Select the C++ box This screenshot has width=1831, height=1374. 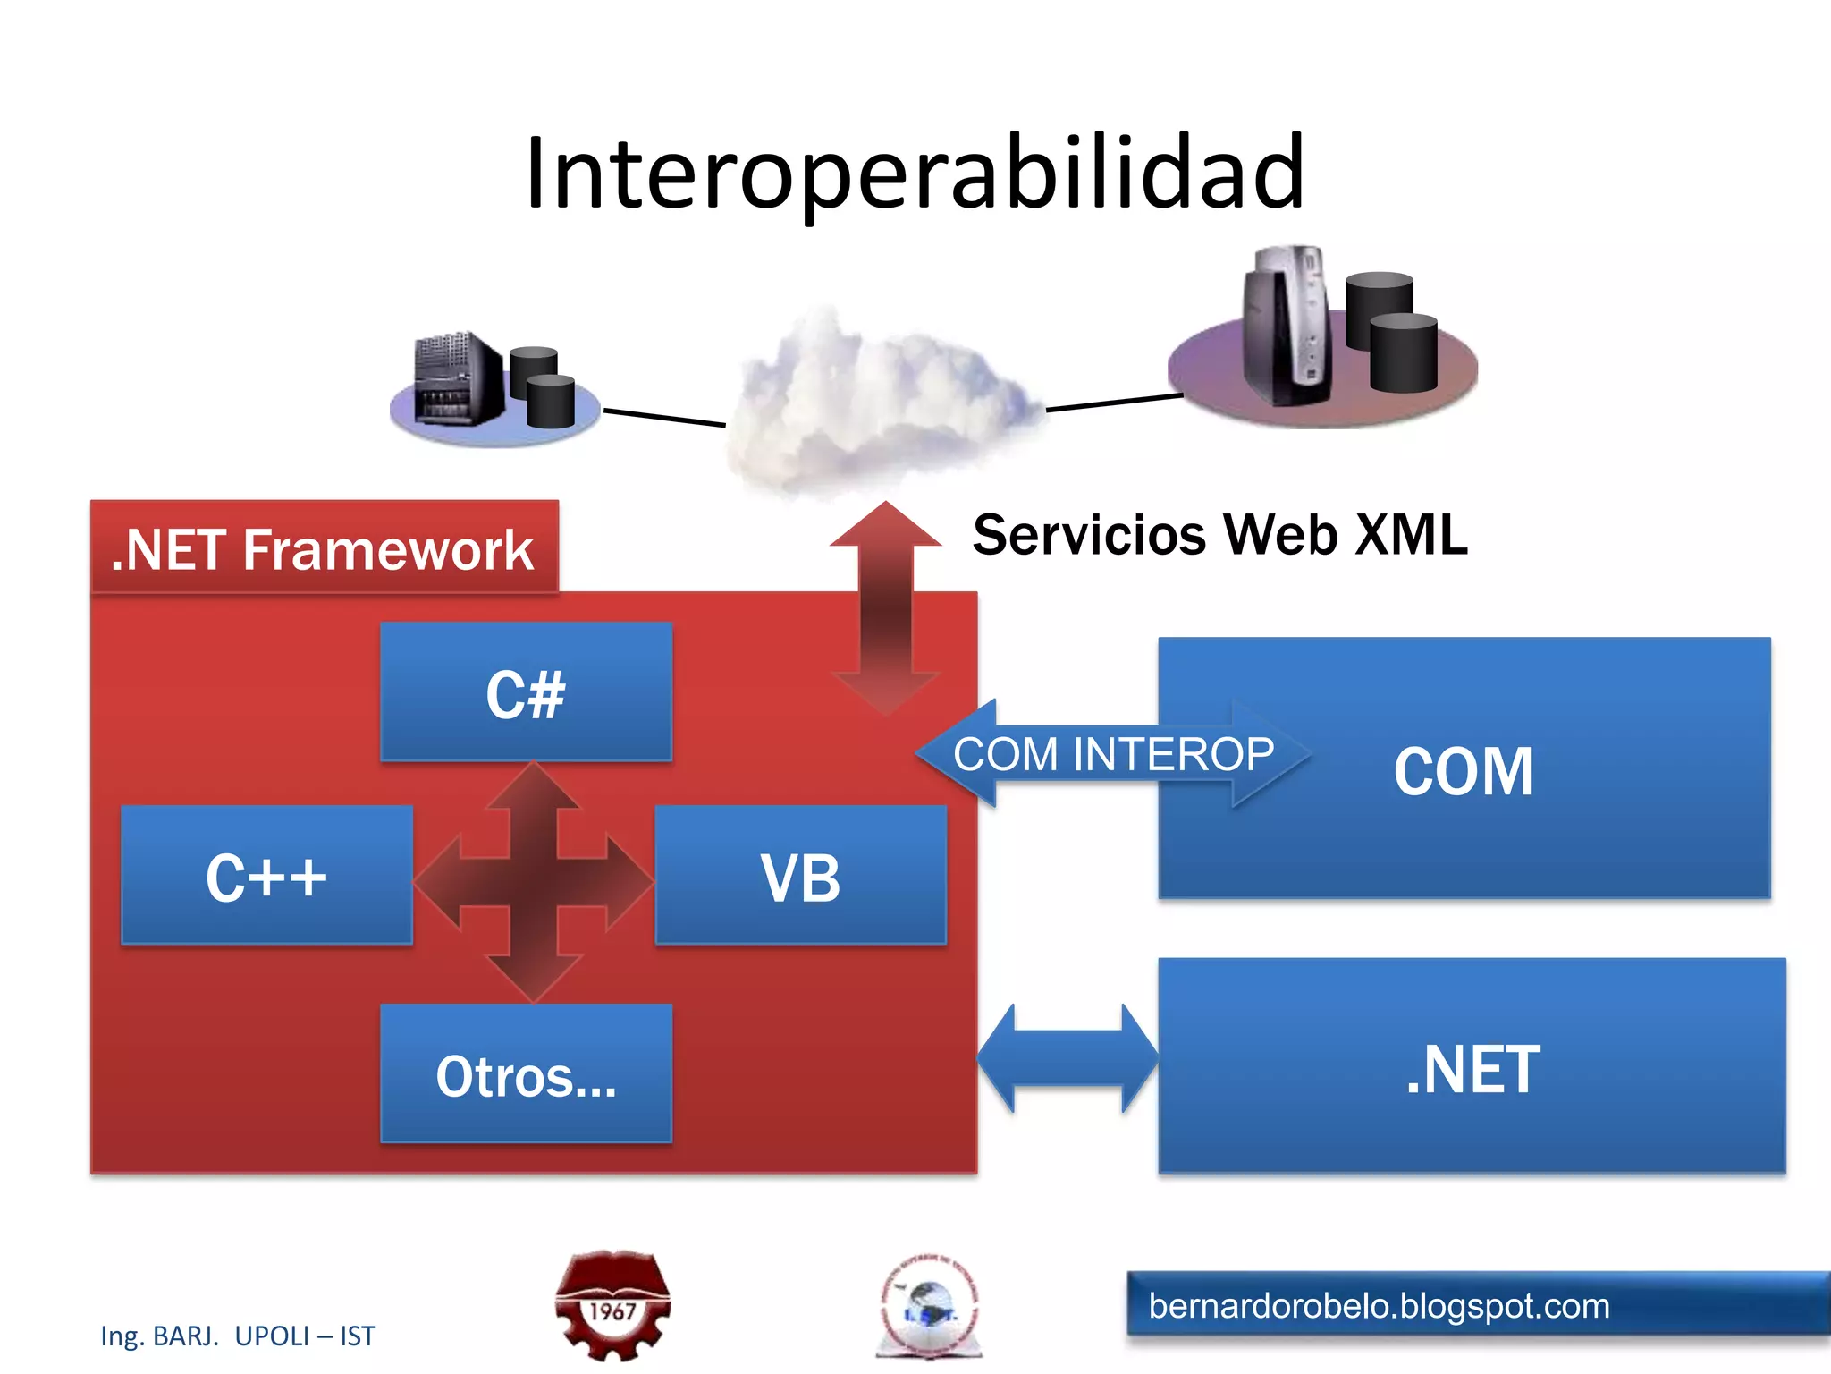[266, 876]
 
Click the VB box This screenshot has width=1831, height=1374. [800, 876]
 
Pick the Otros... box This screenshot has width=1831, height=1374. [526, 1074]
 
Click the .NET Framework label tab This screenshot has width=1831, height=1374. [324, 547]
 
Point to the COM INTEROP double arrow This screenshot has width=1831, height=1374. [1112, 754]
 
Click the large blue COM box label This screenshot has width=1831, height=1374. [1464, 771]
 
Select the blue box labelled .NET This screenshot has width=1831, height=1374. [1472, 1068]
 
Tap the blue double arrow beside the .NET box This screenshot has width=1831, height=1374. [1067, 1058]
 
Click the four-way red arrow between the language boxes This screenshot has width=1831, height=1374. [534, 881]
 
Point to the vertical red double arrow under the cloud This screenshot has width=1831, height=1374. [885, 608]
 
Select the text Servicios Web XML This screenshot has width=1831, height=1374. [1219, 535]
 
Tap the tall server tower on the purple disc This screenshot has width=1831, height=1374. [1287, 327]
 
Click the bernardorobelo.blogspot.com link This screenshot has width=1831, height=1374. [1379, 1306]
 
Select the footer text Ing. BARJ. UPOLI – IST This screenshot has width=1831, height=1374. [238, 1336]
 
